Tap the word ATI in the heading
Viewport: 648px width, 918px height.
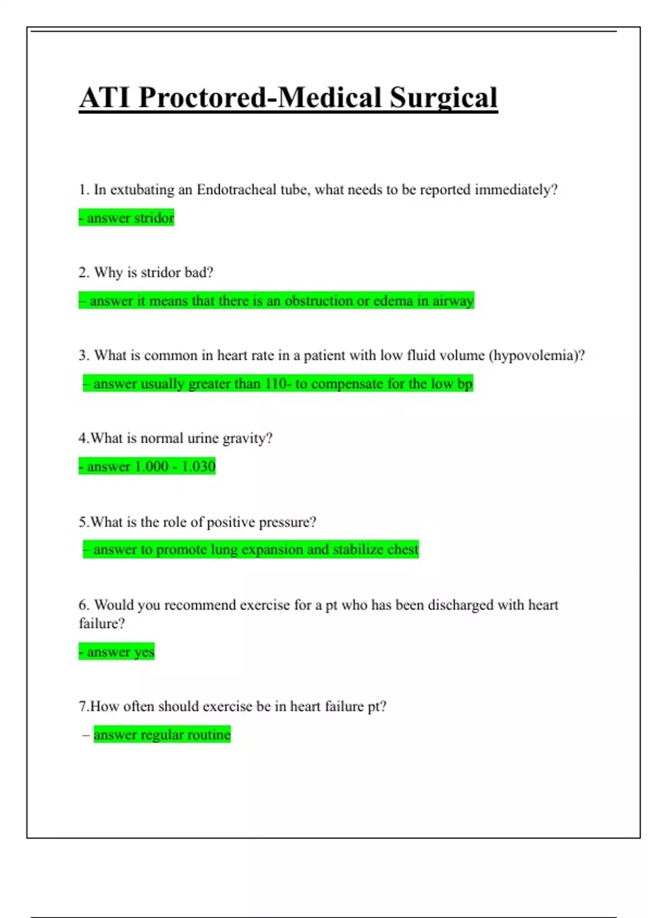105,98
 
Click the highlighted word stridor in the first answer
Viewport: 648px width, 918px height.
154,218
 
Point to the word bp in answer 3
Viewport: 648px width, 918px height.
465,384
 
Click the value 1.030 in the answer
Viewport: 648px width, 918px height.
198,467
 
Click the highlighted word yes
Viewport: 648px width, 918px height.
144,652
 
